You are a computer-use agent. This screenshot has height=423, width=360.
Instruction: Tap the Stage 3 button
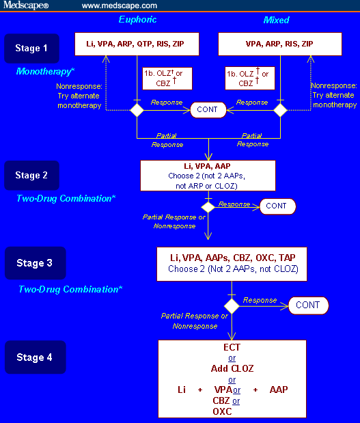(36, 263)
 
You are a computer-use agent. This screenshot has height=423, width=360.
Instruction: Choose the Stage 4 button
(36, 357)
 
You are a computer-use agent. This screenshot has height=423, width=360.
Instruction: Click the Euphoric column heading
(137, 20)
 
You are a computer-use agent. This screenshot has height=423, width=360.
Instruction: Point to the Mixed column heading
(277, 20)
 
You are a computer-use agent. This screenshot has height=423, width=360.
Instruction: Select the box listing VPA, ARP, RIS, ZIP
(279, 44)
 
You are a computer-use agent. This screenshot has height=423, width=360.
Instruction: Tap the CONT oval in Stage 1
(208, 109)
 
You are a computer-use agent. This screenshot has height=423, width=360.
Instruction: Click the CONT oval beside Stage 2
(276, 206)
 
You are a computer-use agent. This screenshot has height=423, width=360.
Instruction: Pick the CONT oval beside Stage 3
(307, 305)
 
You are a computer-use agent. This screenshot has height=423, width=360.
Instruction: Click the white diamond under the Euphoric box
(137, 109)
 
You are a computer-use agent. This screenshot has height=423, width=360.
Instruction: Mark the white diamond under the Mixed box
(279, 109)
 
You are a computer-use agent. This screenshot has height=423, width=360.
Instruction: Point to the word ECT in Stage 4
(232, 347)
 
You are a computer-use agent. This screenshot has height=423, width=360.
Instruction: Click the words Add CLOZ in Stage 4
(232, 368)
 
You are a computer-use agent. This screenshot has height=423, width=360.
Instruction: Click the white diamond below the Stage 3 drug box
(232, 305)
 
